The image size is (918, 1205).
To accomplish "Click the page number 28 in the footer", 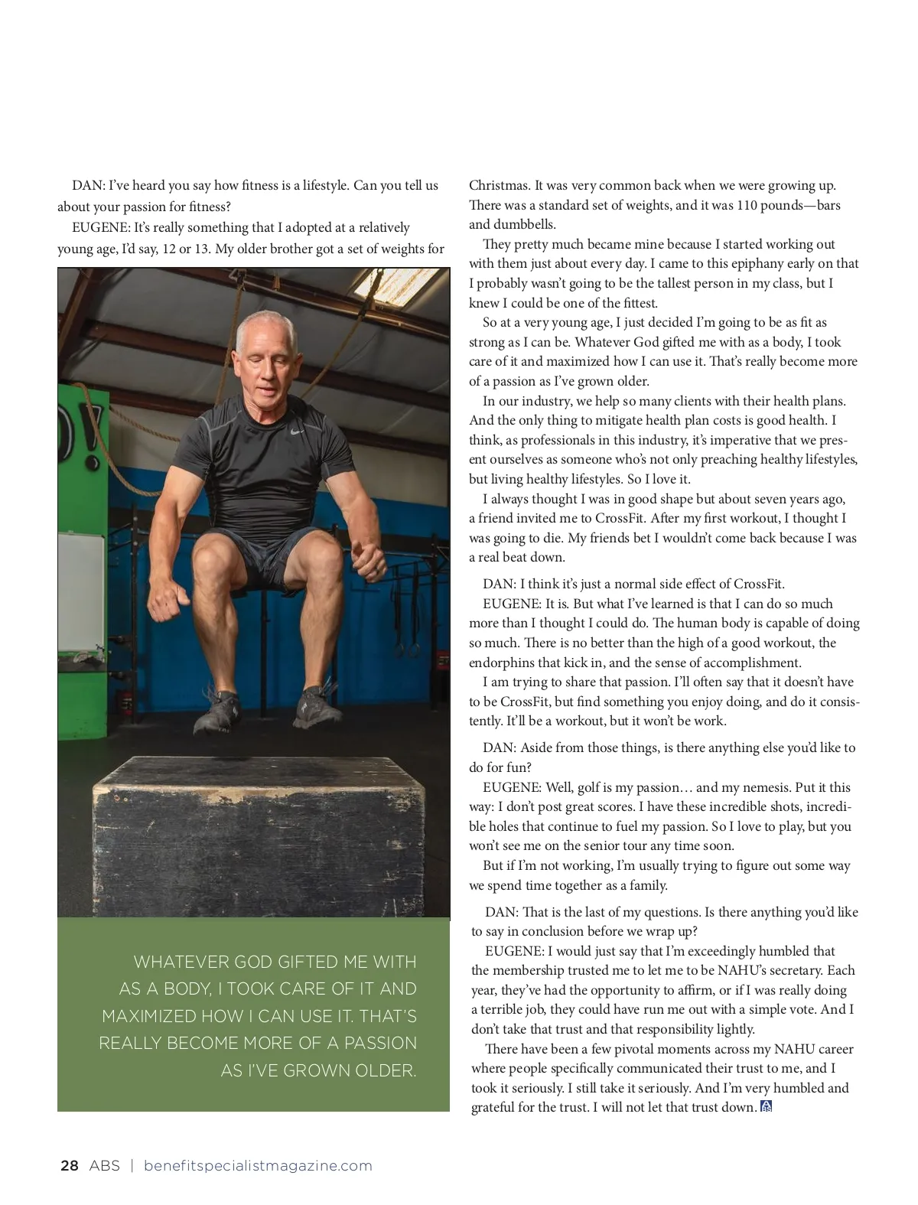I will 69,1166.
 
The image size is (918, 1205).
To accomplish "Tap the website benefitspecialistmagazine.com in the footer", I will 258,1166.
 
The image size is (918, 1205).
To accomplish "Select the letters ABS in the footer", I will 104,1166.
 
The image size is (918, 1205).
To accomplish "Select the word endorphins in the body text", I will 501,663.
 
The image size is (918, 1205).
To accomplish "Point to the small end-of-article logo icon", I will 767,1106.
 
